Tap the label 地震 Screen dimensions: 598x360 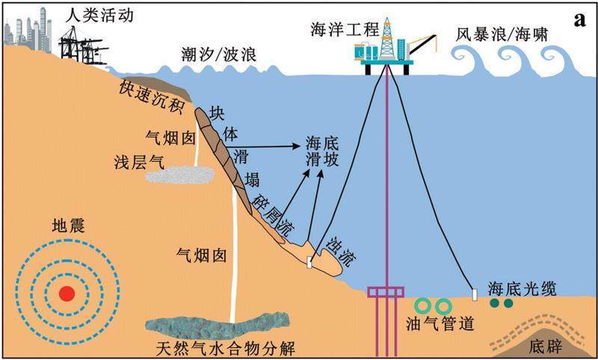(68, 225)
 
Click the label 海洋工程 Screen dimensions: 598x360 (335, 31)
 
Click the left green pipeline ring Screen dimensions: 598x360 (422, 305)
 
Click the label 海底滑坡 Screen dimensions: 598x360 (321, 151)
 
